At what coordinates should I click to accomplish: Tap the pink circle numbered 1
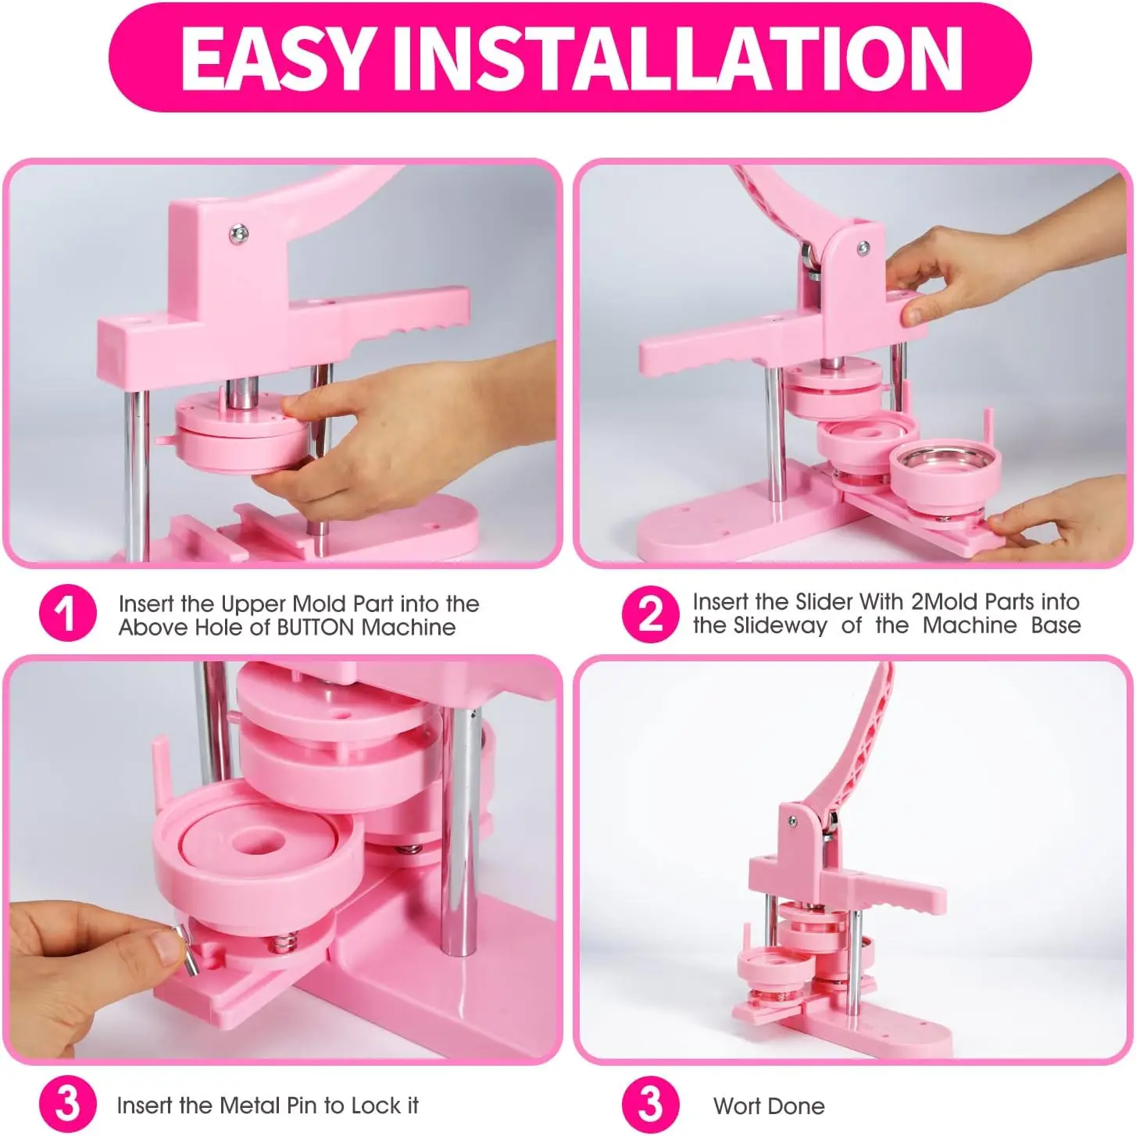[67, 613]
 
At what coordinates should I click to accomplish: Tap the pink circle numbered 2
[650, 614]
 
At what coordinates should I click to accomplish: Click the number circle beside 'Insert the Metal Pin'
[67, 1104]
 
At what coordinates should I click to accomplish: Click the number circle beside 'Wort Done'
[650, 1104]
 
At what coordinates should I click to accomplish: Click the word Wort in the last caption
[738, 1106]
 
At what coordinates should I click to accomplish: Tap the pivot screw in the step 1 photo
[238, 234]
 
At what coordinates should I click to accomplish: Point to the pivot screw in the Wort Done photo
[792, 821]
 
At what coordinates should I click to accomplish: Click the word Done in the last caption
[797, 1106]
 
